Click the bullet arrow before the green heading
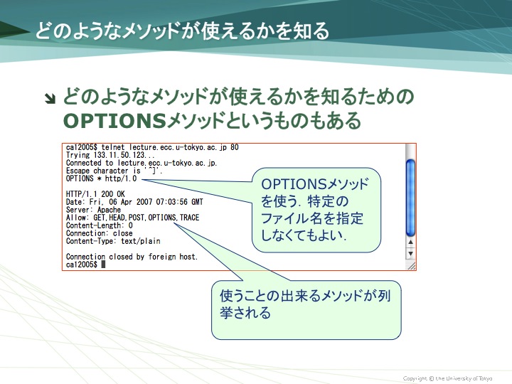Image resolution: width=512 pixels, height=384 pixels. [x=50, y=99]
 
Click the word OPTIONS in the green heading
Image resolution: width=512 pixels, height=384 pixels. [x=115, y=120]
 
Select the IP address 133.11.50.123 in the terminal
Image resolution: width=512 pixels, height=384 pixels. [x=119, y=155]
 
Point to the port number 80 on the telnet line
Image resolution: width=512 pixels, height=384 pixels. [x=235, y=147]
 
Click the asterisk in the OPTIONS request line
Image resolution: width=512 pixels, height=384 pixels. [x=100, y=178]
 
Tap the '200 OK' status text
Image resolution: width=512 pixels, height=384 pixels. [x=113, y=194]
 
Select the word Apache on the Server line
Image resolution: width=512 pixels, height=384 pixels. [x=109, y=210]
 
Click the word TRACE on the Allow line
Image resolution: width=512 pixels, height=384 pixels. [x=189, y=218]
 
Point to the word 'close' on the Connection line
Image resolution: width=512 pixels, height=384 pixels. [x=123, y=233]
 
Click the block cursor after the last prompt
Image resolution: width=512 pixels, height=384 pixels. [x=103, y=265]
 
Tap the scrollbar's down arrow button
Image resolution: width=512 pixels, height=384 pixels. [x=410, y=253]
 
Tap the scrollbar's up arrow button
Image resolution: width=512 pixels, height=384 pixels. [x=410, y=242]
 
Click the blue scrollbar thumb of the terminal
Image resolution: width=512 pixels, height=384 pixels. [x=410, y=197]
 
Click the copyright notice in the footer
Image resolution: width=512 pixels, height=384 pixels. [x=448, y=378]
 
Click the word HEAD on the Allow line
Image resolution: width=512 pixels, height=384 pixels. [x=117, y=218]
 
